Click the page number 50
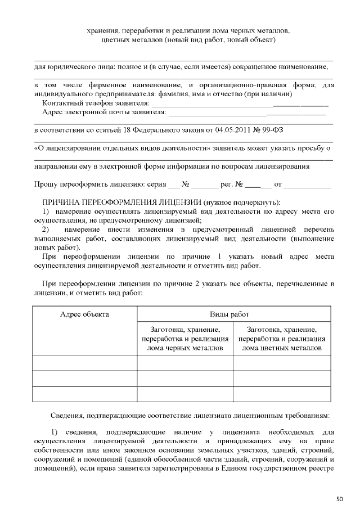[x=339, y=498]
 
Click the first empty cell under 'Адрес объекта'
[x=84, y=363]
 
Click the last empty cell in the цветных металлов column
[x=281, y=394]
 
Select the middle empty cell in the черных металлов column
[x=185, y=378]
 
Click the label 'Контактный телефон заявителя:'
[x=96, y=103]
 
